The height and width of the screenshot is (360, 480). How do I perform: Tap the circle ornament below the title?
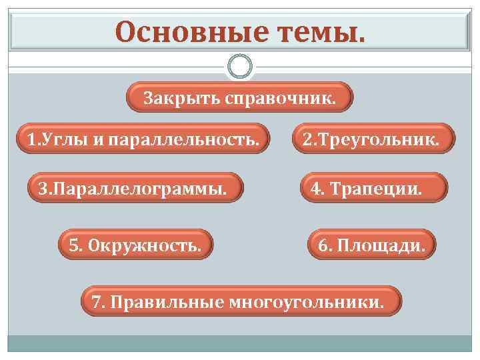pos(239,67)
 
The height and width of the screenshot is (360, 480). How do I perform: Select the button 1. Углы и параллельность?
pos(143,139)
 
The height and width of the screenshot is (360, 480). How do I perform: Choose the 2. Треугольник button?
pos(371,139)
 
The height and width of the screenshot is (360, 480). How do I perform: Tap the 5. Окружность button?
pos(135,245)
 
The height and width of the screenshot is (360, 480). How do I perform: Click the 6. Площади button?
pos(371,245)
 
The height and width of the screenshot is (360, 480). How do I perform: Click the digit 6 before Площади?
pos(323,245)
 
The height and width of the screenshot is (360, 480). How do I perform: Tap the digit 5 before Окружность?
pos(73,245)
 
